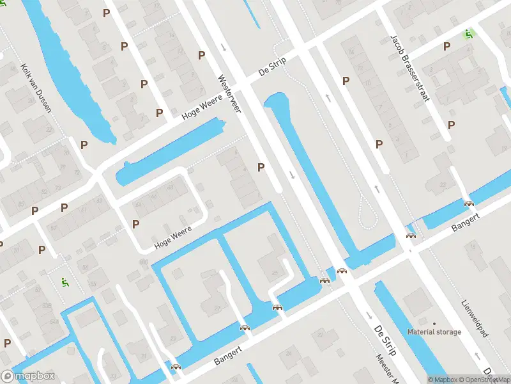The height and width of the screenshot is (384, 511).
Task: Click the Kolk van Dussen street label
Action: point(36,88)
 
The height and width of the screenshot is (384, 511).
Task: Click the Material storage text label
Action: point(434,332)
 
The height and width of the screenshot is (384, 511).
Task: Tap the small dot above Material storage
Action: point(434,323)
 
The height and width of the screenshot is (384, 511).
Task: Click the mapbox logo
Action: point(27,376)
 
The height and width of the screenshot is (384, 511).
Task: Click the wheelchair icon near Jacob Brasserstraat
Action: point(469,33)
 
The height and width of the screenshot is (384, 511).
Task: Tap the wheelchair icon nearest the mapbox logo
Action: point(64,281)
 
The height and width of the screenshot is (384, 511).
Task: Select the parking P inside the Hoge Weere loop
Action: point(135,224)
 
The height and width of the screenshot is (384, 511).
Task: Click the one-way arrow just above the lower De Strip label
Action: point(369,316)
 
